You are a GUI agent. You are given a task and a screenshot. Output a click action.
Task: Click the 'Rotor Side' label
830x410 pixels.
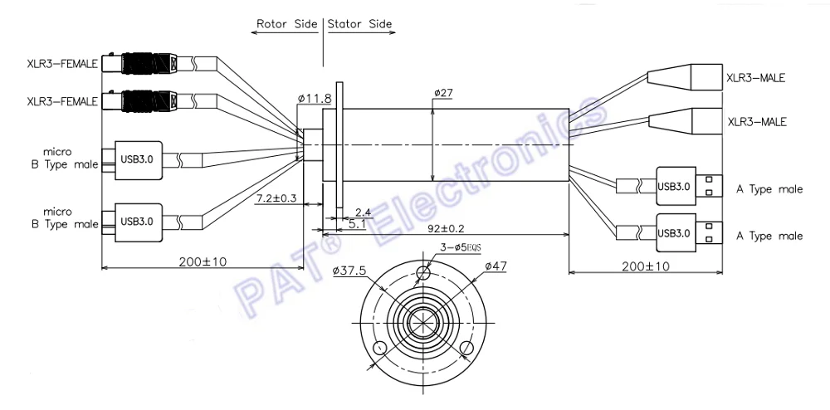pos(287,24)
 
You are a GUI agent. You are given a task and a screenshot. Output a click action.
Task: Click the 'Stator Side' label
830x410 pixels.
pos(360,24)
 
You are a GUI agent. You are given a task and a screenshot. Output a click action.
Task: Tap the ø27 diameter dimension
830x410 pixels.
pos(443,94)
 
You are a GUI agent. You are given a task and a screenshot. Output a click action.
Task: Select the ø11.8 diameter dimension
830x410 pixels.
pos(315,98)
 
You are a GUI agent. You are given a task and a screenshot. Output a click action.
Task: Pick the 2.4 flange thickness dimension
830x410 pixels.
pos(364,212)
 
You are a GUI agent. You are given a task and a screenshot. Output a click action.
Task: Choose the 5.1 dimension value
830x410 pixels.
pos(358,224)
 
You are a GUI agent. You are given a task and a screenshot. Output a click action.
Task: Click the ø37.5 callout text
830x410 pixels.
pos(349,271)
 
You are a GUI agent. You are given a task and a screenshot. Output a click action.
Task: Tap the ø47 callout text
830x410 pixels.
pos(496,266)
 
